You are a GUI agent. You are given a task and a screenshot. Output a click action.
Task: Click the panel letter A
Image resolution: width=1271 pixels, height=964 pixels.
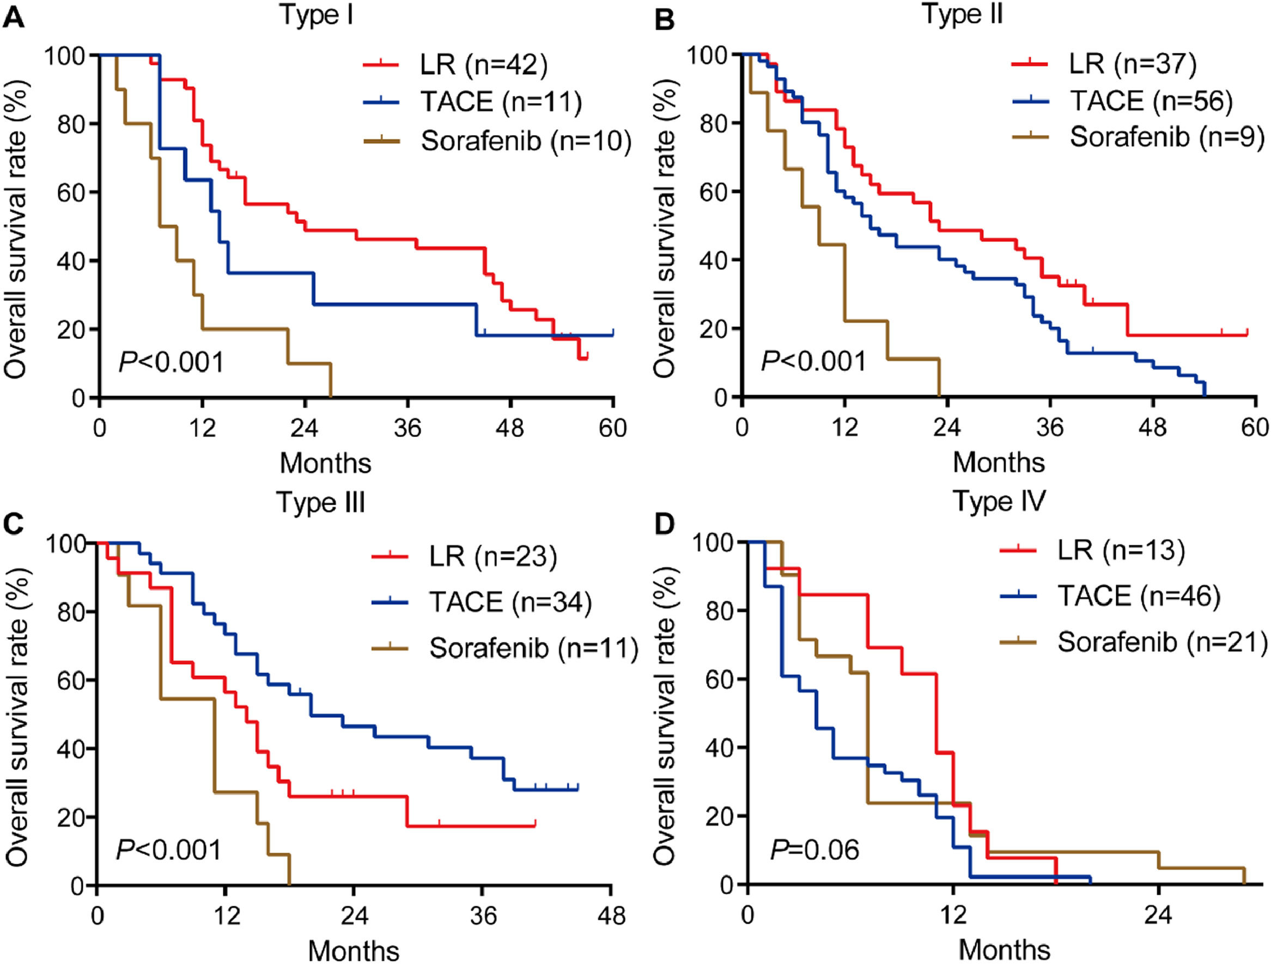14,19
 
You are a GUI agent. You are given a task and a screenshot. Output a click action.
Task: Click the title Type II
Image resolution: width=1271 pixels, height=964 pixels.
963,14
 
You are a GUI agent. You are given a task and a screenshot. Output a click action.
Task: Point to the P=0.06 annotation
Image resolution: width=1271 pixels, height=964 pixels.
814,850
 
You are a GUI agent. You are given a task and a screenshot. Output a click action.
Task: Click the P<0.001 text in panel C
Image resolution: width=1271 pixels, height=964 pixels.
169,850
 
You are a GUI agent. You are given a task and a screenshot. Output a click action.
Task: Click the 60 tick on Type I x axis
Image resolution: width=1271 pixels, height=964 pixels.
612,428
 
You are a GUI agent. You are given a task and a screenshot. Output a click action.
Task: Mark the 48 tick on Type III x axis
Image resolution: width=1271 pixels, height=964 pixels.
611,915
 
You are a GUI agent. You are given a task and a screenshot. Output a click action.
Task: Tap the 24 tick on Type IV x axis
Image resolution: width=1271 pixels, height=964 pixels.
1158,915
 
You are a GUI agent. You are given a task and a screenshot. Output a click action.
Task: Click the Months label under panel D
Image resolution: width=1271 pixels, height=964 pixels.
1004,950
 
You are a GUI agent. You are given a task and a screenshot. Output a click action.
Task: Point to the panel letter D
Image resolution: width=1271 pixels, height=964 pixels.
665,525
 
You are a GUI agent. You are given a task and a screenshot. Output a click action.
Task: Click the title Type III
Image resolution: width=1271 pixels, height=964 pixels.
321,502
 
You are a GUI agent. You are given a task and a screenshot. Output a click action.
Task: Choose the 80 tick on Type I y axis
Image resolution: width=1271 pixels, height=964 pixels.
74,124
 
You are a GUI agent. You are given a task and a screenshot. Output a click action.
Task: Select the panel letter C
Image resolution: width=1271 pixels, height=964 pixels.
14,525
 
